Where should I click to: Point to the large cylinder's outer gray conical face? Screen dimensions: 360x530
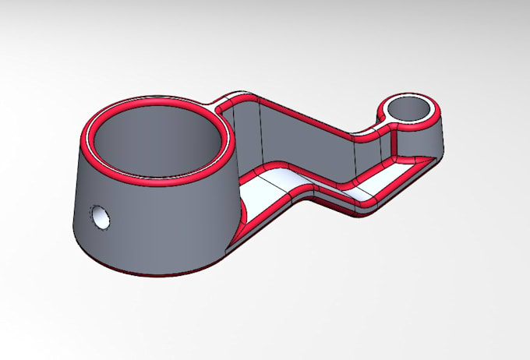pos(156,226)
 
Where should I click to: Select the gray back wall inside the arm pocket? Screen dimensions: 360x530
pos(304,140)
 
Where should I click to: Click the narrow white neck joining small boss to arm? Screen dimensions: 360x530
pos(383,117)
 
